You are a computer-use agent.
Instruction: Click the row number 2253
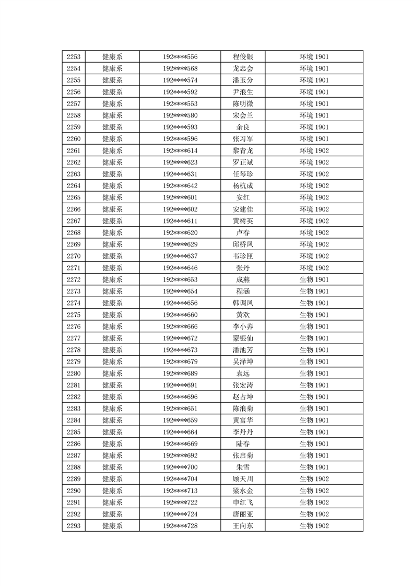[x=74, y=56]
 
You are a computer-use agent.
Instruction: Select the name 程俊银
[x=243, y=56]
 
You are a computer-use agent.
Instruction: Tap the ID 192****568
[x=180, y=68]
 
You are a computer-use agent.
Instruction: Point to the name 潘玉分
[x=243, y=80]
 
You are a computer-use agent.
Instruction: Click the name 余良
[x=243, y=127]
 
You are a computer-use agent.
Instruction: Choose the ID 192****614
[x=180, y=150]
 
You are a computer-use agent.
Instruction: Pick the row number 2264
[x=74, y=185]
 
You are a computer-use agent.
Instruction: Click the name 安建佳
[x=243, y=209]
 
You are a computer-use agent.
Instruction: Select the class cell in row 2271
[x=314, y=268]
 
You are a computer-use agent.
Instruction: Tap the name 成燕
[x=243, y=279]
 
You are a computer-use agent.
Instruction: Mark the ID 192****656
[x=180, y=303]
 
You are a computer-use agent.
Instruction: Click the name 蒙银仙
[x=243, y=338]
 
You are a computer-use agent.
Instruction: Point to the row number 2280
[x=74, y=373]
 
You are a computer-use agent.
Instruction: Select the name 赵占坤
[x=243, y=397]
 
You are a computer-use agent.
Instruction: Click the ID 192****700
[x=180, y=467]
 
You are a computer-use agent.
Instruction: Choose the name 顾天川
[x=243, y=479]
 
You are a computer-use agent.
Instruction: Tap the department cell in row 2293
[x=112, y=526]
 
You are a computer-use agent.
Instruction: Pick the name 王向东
[x=243, y=526]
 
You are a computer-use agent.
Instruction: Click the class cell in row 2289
[x=314, y=479]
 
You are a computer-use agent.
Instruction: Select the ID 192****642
[x=180, y=185]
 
